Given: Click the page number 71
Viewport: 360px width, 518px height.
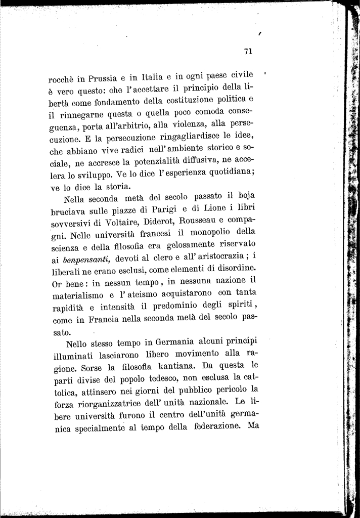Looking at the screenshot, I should [x=248, y=51].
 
